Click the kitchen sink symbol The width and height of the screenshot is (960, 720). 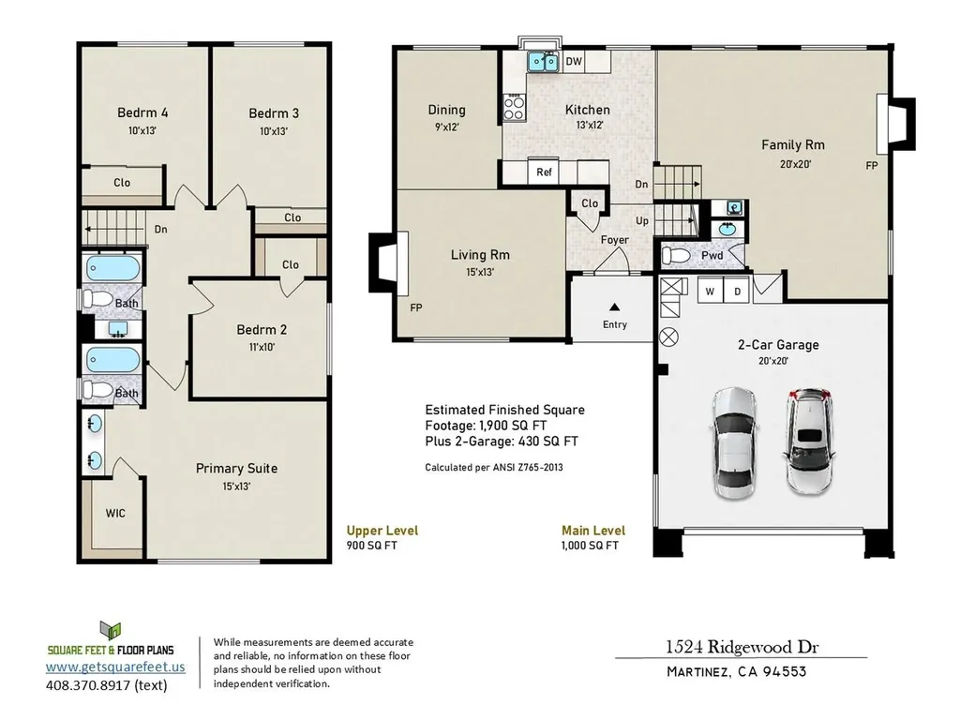(543, 63)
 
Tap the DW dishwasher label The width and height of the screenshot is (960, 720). (575, 62)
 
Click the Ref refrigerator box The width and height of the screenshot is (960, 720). (544, 172)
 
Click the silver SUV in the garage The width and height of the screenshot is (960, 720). (808, 442)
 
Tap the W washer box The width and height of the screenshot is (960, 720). (710, 291)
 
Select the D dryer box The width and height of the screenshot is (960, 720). (736, 291)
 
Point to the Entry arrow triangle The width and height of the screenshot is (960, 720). (615, 307)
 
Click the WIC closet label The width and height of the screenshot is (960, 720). (115, 513)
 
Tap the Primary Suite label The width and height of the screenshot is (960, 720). (236, 468)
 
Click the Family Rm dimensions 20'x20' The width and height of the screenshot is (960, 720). (792, 163)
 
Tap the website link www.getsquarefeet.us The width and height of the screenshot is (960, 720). (116, 667)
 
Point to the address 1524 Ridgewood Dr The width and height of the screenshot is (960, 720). (737, 647)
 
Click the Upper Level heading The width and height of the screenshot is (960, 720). (382, 531)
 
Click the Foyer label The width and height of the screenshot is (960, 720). (614, 240)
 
